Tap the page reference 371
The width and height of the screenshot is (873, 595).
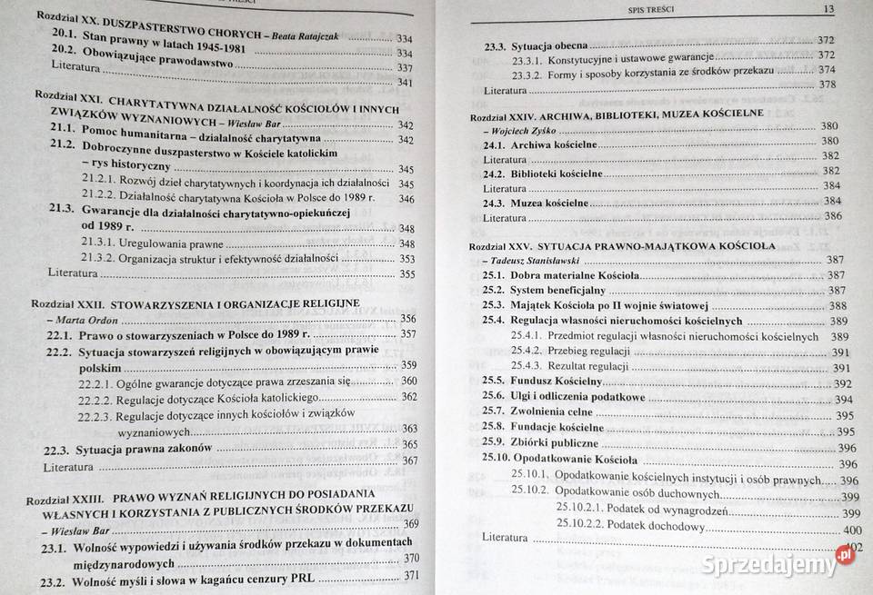pyautogui.click(x=413, y=575)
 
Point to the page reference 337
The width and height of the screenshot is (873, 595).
pyautogui.click(x=405, y=67)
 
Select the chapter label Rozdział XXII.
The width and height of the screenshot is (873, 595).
pyautogui.click(x=70, y=302)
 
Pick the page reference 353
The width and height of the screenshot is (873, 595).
pyautogui.click(x=406, y=258)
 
